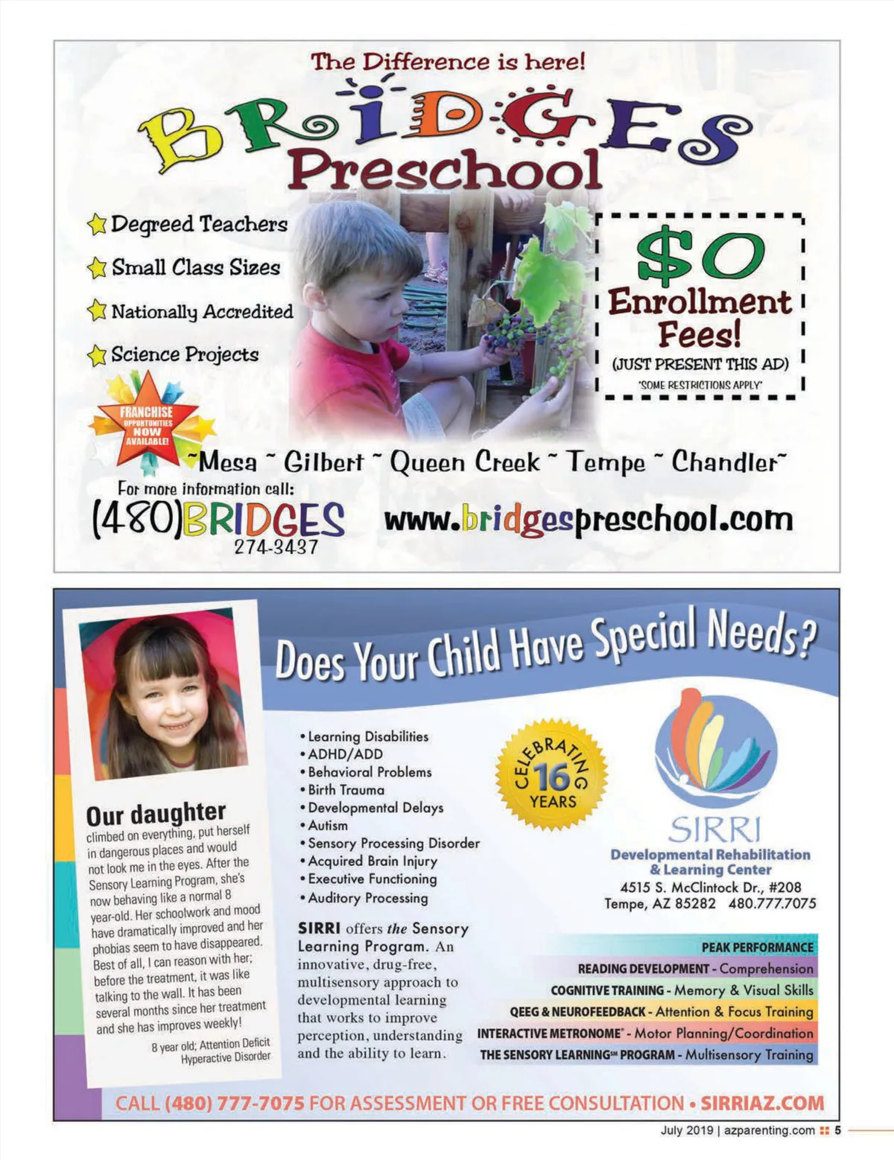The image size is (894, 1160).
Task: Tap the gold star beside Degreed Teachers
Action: tap(96, 224)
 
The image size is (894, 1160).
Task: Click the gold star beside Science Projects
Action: tap(96, 355)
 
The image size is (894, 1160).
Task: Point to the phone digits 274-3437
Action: tap(276, 546)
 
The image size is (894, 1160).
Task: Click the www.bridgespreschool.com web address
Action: tap(588, 520)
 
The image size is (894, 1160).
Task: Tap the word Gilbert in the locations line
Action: tap(323, 462)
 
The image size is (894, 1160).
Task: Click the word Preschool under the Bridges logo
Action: tap(445, 170)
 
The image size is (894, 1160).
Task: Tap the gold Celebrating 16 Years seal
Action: tap(552, 775)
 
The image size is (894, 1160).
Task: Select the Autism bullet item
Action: tap(327, 826)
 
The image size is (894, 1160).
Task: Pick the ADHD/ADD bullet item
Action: tap(344, 754)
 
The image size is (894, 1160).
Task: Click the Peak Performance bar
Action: tap(757, 947)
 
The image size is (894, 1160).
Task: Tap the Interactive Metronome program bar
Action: tap(645, 1033)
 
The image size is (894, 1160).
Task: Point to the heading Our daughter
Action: tap(156, 813)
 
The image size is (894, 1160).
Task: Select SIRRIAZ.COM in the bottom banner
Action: tap(762, 1103)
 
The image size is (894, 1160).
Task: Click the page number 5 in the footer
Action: tap(837, 1130)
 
